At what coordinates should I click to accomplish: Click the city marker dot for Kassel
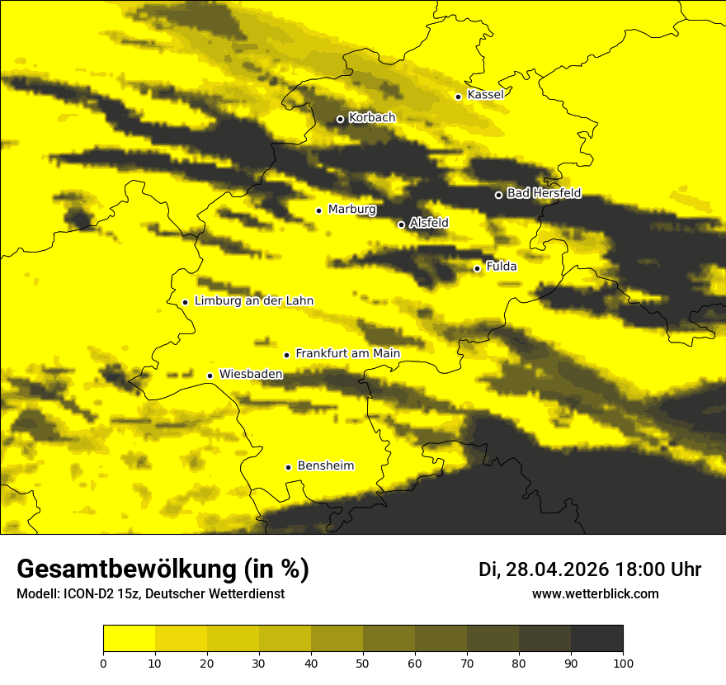[458, 97]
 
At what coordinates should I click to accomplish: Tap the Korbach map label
[371, 118]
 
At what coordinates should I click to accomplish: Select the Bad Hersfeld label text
[544, 194]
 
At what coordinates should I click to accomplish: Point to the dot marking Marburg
[318, 210]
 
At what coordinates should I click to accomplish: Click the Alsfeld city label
[429, 223]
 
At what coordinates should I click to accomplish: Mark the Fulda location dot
[477, 268]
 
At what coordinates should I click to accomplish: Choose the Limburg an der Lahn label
[254, 301]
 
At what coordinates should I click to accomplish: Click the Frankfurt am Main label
[347, 354]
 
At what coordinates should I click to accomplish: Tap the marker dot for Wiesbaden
[210, 376]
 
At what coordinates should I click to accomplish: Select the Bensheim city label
[325, 466]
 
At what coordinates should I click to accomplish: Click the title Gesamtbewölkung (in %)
[163, 569]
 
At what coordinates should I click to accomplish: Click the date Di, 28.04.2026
[544, 569]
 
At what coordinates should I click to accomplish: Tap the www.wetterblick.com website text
[595, 594]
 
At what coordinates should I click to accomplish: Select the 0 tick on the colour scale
[103, 663]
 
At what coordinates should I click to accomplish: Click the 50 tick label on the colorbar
[363, 663]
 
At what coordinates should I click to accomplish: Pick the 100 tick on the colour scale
[623, 663]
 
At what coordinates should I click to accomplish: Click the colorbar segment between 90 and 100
[596, 639]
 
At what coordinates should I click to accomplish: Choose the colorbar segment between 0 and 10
[129, 639]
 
